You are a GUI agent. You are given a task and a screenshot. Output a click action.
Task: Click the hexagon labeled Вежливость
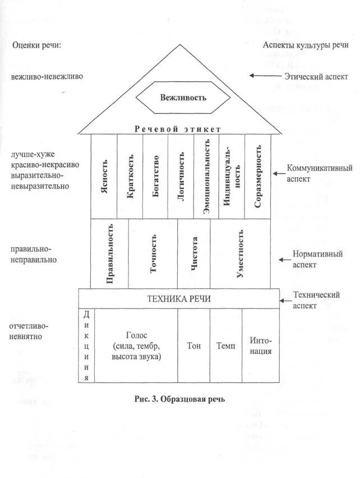pyautogui.click(x=183, y=97)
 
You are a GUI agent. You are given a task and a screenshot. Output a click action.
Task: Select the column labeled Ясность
pyautogui.click(x=104, y=176)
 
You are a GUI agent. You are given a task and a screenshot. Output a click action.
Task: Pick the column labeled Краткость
pyautogui.click(x=130, y=176)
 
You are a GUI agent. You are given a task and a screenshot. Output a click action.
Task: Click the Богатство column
pyautogui.click(x=155, y=176)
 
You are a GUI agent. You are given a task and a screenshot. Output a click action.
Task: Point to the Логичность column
pyautogui.click(x=180, y=176)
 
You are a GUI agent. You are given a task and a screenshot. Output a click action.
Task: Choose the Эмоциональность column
pyautogui.click(x=206, y=176)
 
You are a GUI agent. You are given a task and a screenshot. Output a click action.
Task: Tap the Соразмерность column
pyautogui.click(x=257, y=176)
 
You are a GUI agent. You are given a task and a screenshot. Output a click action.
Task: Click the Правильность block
pyautogui.click(x=110, y=253)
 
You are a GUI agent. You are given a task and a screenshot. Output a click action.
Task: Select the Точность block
pyautogui.click(x=153, y=253)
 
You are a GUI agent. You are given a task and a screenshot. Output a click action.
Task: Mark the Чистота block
pyautogui.click(x=194, y=253)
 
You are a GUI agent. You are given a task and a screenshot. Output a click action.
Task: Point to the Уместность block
pyautogui.click(x=240, y=253)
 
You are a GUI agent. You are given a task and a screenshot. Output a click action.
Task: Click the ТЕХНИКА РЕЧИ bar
pyautogui.click(x=179, y=298)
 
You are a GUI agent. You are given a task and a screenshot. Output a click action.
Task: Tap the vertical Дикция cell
pyautogui.click(x=87, y=346)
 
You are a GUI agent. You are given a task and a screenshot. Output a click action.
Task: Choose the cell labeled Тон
pyautogui.click(x=193, y=346)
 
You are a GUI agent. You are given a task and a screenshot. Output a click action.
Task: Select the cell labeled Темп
pyautogui.click(x=225, y=346)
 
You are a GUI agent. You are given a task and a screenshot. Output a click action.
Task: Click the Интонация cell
pyautogui.click(x=261, y=346)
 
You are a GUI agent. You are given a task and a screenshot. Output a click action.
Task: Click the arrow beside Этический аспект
pyautogui.click(x=266, y=75)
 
